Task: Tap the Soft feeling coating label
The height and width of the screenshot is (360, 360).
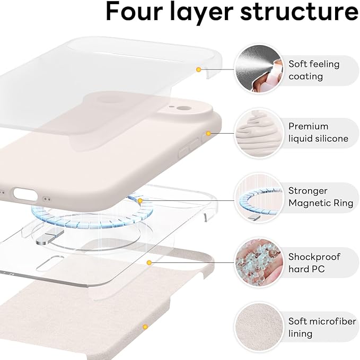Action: (314, 70)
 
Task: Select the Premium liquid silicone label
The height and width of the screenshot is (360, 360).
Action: (318, 133)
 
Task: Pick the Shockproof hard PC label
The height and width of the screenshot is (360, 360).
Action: (314, 263)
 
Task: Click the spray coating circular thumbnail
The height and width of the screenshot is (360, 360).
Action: (257, 69)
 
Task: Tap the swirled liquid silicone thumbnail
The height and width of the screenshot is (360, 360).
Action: (257, 133)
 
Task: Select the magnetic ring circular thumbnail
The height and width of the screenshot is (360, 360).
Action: (257, 198)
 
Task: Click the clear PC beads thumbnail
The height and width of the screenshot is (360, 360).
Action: (257, 262)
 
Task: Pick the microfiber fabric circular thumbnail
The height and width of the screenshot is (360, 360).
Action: (257, 327)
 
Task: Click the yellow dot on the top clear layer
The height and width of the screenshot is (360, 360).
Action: (198, 69)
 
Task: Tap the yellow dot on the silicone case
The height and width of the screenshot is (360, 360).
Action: (208, 134)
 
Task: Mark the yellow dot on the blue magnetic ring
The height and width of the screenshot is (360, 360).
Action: (140, 200)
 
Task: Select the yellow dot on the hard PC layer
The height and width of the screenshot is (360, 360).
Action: (150, 262)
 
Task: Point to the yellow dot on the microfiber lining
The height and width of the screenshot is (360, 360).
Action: (144, 327)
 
